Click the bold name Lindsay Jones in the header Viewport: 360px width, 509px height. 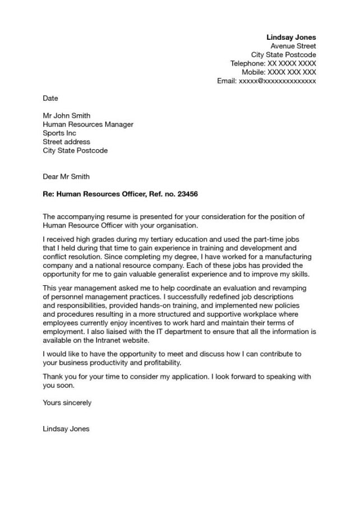click(291, 37)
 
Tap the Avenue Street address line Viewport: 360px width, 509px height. click(293, 46)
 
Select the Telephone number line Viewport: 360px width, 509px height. click(273, 63)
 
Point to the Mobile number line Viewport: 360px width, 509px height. click(279, 72)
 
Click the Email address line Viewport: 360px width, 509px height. click(266, 81)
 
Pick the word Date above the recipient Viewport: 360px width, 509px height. click(50, 98)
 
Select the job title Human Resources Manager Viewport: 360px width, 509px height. click(88, 124)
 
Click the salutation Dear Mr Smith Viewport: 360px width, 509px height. click(66, 177)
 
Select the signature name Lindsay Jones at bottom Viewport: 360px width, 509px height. click(66, 429)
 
